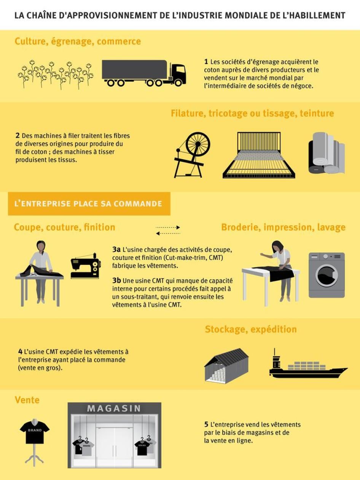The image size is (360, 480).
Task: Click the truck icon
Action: pos(144,73)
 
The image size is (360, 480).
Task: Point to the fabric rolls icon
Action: pos(326,153)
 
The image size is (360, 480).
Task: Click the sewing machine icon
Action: pos(86,264)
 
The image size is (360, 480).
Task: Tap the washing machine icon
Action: pos(326,275)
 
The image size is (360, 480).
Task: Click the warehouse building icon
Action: pos(226,365)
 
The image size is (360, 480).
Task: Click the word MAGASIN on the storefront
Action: pos(114,408)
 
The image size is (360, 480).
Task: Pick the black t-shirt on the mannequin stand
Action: pos(35,432)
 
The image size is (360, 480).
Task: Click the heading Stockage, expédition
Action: pos(251,329)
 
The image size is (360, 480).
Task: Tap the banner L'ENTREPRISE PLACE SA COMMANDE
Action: pos(88,204)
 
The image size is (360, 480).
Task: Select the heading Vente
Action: pos(27,400)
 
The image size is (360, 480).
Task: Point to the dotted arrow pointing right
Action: pos(168,227)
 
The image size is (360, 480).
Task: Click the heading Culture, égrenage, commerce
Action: pos(78,41)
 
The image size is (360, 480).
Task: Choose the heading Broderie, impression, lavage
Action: pos(283,227)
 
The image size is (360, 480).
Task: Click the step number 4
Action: pos(20,351)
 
